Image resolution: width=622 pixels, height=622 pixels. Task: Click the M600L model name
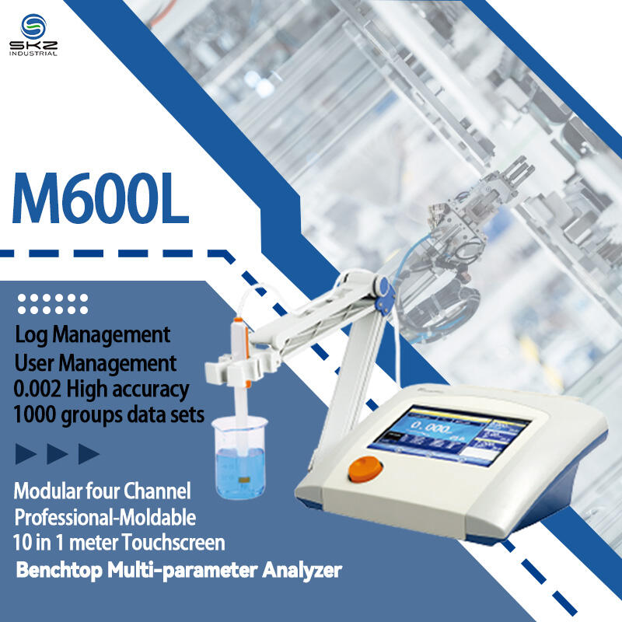pos(100,200)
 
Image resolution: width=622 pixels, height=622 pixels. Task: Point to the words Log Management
pos(93,335)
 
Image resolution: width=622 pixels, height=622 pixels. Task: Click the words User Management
pos(96,362)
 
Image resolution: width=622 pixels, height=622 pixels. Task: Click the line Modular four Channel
pos(102,491)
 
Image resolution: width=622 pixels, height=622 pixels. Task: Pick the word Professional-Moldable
pos(106,516)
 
